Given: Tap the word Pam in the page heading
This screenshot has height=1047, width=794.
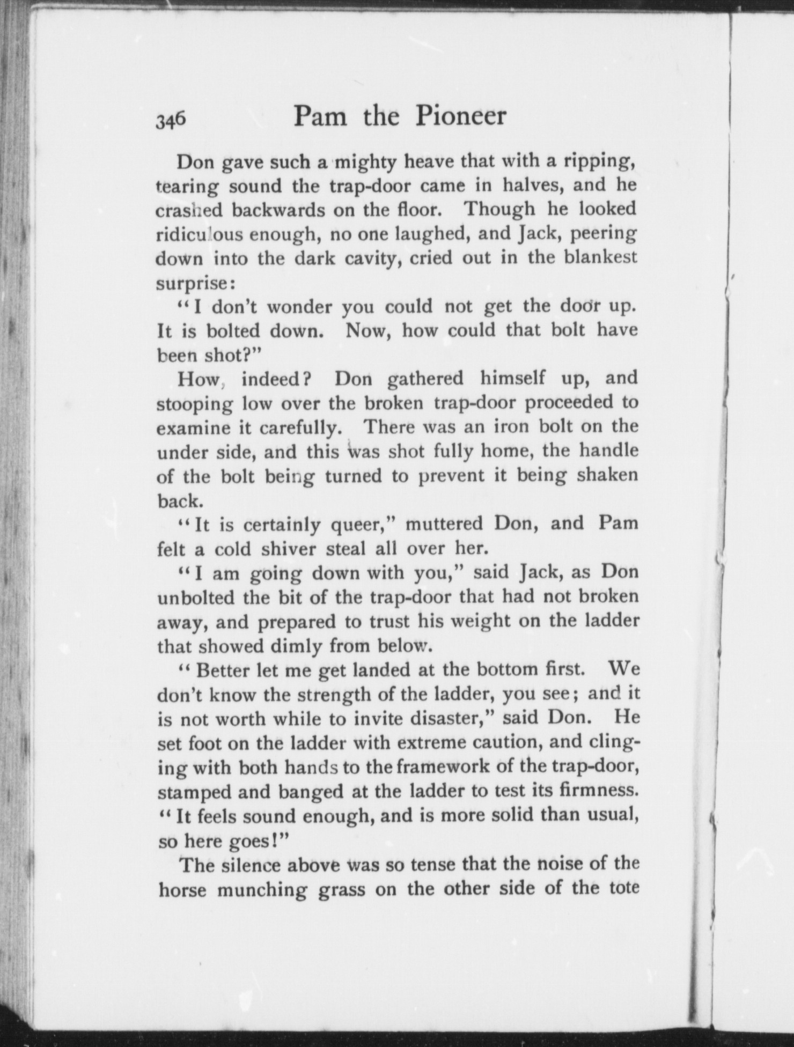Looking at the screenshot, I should [x=321, y=116].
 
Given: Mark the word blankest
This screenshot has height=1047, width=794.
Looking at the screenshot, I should [x=601, y=257].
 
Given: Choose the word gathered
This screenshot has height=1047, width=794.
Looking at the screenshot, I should [x=425, y=379].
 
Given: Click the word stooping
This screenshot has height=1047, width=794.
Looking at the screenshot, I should [x=194, y=404].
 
